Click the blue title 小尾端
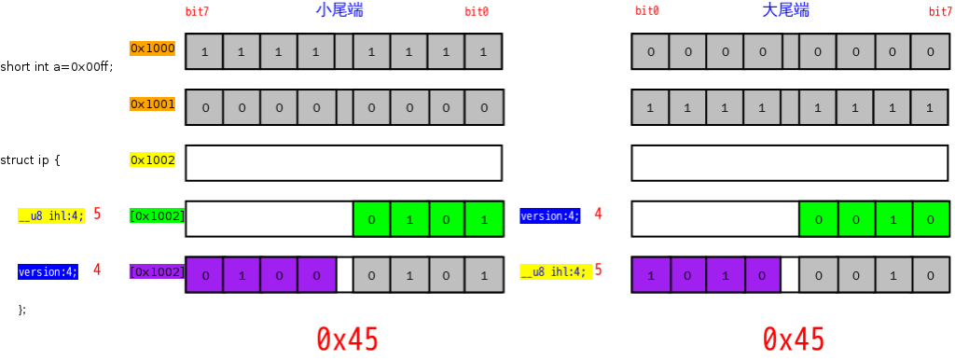point(340,10)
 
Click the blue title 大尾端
point(785,10)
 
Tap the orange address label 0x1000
point(152,48)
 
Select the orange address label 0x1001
point(152,104)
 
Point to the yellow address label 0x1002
point(152,160)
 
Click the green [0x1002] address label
point(157,215)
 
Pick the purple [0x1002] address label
point(157,271)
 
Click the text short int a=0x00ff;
point(57,66)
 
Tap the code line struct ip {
point(31,160)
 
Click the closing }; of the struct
point(22,310)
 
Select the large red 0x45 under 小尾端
point(347,339)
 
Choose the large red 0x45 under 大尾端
point(794,339)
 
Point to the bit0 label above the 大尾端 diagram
point(647,11)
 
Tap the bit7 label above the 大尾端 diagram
point(942,11)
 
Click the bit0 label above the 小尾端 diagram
point(477,11)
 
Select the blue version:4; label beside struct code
point(48,271)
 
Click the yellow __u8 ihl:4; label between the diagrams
point(555,271)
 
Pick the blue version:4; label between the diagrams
point(550,215)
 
